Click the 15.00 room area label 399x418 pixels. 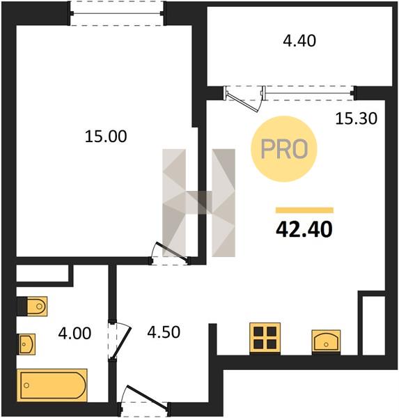(106, 137)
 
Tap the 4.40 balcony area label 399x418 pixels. (299, 41)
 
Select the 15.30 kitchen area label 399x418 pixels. (357, 118)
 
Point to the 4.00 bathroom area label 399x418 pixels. (75, 333)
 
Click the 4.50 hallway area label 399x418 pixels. (164, 332)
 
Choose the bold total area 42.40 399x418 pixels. (304, 229)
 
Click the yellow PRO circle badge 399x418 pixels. (284, 149)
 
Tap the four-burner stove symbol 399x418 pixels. (265, 339)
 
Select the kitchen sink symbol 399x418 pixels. (326, 342)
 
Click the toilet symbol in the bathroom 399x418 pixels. (37, 306)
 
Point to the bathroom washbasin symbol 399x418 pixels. (26, 344)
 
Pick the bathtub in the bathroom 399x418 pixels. (52, 385)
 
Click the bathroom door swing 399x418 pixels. (120, 341)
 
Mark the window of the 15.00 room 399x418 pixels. (117, 13)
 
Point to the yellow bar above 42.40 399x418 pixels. (304, 210)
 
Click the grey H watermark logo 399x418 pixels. (199, 203)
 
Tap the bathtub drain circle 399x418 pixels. (26, 385)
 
